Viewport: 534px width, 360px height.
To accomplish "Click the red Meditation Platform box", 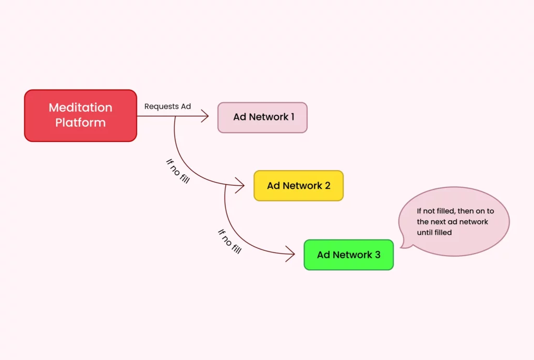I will coord(80,115).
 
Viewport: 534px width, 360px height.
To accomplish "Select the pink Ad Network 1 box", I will coord(262,117).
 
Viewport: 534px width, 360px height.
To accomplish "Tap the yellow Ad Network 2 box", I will coord(298,186).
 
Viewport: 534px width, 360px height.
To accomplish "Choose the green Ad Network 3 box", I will coord(348,255).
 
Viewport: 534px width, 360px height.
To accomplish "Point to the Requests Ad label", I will coord(167,106).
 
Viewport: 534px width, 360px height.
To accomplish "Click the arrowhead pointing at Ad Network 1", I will coord(205,116).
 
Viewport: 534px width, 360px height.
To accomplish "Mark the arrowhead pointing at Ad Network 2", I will coord(241,185).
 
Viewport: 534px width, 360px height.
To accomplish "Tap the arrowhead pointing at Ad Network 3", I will coord(291,255).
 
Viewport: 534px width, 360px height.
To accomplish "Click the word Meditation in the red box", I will coord(80,107).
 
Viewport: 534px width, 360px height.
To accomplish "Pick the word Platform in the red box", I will coord(80,123).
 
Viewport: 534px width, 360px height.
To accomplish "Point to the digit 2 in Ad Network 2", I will coord(327,186).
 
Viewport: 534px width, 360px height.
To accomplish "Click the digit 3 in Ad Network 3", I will coord(378,255).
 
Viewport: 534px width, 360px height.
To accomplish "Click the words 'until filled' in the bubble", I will coord(434,233).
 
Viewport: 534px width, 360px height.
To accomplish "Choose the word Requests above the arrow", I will coord(161,106).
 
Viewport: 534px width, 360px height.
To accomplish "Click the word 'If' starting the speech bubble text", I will coord(419,211).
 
